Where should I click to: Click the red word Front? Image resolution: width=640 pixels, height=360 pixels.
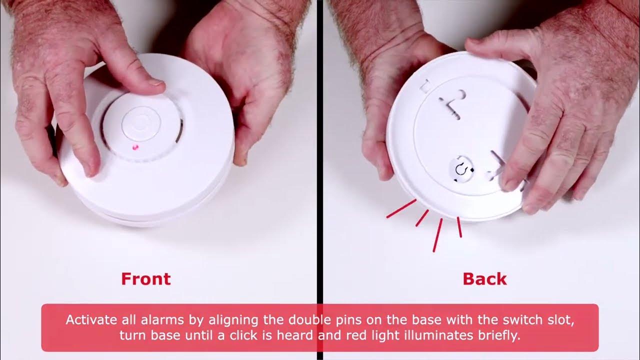pos(145,278)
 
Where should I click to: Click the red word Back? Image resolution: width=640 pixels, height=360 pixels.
pos(484,278)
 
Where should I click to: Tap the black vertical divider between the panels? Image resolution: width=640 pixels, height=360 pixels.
pos(319,150)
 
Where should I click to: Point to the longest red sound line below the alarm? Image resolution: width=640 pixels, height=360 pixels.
pos(437,234)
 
